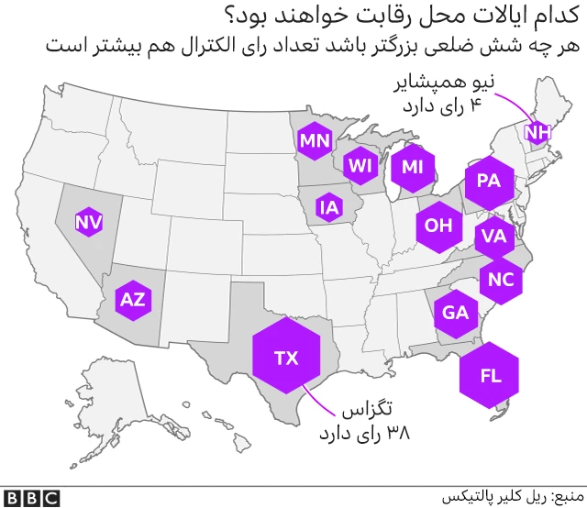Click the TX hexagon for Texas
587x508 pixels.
(x=286, y=358)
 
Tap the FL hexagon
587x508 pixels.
(x=490, y=375)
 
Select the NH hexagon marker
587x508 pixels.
(x=537, y=133)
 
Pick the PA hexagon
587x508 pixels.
(x=488, y=181)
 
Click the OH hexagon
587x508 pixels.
(x=438, y=225)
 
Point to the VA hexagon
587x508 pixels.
(x=493, y=237)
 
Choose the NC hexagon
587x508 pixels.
(x=501, y=280)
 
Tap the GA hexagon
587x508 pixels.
(x=455, y=313)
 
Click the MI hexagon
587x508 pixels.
(x=413, y=167)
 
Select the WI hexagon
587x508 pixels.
(x=359, y=166)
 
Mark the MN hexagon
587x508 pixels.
(x=314, y=141)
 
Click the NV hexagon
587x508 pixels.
(x=88, y=221)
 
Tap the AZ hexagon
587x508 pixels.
(x=132, y=299)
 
